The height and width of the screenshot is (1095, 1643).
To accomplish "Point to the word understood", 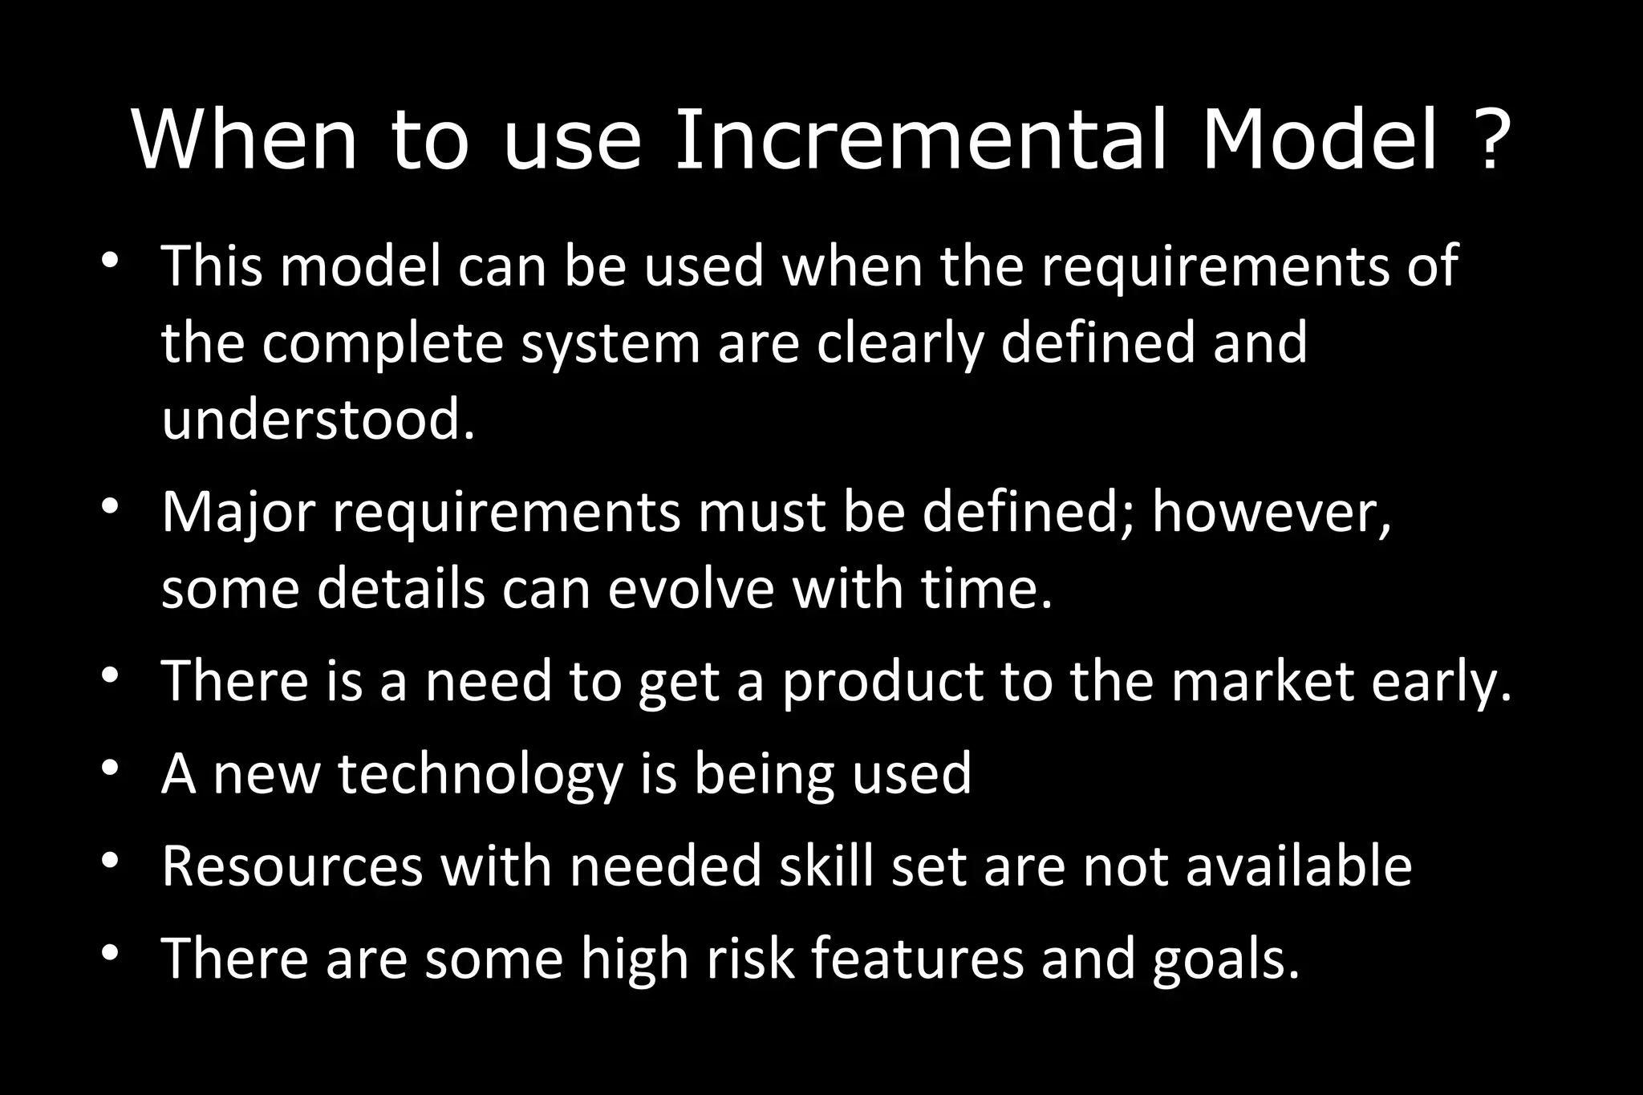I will coord(318,419).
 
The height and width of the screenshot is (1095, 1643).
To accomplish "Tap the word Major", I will coord(237,511).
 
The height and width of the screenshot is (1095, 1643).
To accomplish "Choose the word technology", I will coord(480,774).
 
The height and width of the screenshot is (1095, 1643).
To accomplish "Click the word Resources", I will coord(292,866).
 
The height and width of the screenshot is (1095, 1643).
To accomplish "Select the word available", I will coord(1299,866).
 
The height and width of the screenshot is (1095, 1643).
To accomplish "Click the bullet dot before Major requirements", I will coord(111,508).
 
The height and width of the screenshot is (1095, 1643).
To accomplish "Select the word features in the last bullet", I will coord(917,959).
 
